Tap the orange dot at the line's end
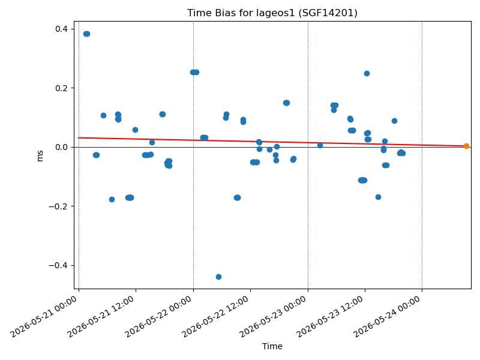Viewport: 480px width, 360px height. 466,146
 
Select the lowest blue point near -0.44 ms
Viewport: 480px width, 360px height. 218,277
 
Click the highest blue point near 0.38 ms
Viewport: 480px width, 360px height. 86,34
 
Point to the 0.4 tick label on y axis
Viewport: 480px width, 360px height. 61,29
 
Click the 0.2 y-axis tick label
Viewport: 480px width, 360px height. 61,88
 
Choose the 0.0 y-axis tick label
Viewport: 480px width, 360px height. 61,147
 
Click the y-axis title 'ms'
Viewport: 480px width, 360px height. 40,155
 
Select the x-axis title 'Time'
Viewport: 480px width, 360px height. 272,346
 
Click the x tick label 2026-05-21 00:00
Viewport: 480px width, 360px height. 44,317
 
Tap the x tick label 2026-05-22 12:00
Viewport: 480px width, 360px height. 215,317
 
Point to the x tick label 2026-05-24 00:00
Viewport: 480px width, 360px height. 387,317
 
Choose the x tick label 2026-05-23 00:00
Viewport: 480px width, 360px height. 273,317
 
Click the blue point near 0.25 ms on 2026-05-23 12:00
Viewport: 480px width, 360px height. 367,73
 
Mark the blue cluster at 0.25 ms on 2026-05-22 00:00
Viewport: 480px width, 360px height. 194,72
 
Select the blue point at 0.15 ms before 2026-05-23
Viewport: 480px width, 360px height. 286,103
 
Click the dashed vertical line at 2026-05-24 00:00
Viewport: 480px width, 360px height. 422,155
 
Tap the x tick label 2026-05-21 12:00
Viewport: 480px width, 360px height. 101,317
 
